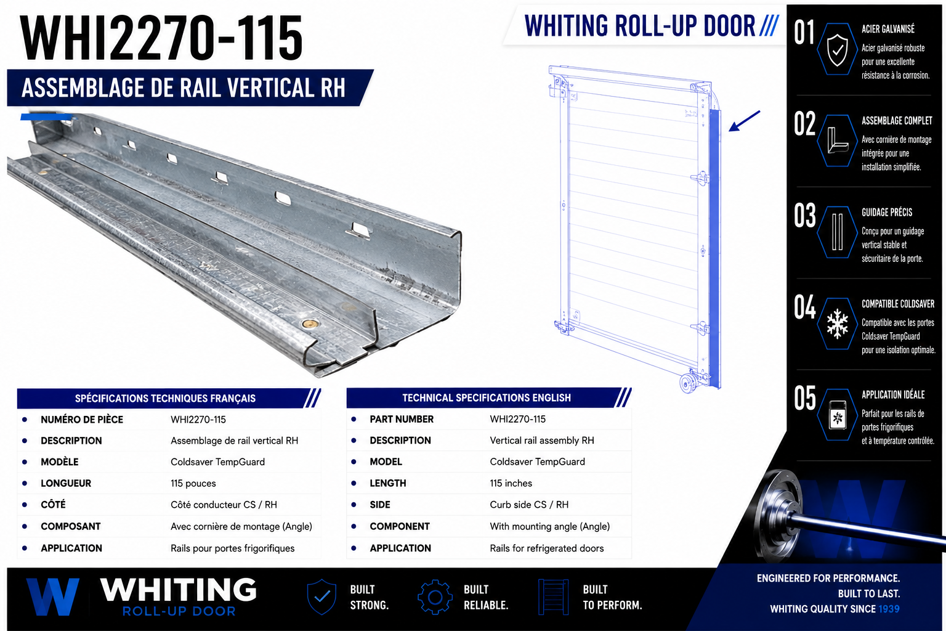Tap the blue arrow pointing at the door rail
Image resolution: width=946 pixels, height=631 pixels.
pyautogui.click(x=744, y=121)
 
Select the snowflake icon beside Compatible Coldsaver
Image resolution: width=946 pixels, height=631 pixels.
pyautogui.click(x=838, y=324)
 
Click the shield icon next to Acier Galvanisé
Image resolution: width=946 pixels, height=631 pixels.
pyautogui.click(x=838, y=49)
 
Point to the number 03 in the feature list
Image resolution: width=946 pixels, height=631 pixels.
pyautogui.click(x=804, y=216)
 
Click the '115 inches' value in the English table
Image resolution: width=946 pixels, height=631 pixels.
pyautogui.click(x=511, y=483)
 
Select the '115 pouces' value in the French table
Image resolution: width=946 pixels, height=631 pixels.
pyautogui.click(x=193, y=483)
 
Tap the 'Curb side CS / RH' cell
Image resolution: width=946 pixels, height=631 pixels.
pyautogui.click(x=529, y=505)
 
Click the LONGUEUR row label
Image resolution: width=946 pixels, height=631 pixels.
pyautogui.click(x=66, y=483)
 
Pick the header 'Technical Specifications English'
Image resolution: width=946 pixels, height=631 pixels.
pyautogui.click(x=487, y=397)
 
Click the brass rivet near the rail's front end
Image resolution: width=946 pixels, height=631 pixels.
pyautogui.click(x=309, y=324)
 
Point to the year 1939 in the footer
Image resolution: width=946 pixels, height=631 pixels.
pyautogui.click(x=889, y=609)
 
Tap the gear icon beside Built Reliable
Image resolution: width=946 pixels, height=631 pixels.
pyautogui.click(x=435, y=597)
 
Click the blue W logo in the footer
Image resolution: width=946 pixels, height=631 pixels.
pyautogui.click(x=52, y=596)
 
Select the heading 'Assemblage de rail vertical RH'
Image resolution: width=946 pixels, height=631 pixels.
pyautogui.click(x=184, y=88)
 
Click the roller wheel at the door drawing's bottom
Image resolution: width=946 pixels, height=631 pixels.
pyautogui.click(x=688, y=383)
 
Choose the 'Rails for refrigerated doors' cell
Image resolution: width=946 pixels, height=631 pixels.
pyautogui.click(x=547, y=548)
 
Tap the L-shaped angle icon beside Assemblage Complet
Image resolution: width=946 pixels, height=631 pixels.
pyautogui.click(x=837, y=140)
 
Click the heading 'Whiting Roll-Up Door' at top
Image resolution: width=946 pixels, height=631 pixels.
pyautogui.click(x=639, y=26)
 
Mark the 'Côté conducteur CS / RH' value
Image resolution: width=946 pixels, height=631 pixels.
pyautogui.click(x=224, y=505)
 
